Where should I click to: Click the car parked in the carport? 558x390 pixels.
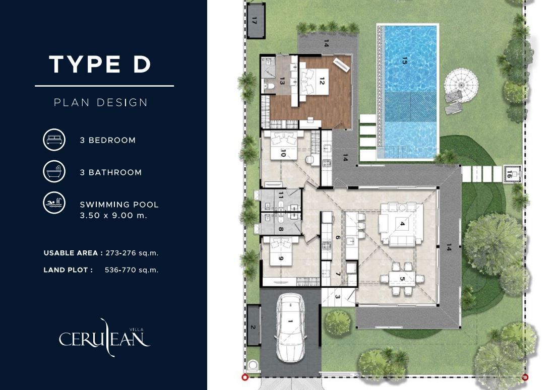(x=290, y=328)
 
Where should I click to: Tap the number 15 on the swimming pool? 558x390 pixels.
(x=404, y=61)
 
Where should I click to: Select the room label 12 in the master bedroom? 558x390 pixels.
(x=322, y=82)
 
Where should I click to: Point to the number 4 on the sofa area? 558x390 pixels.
(x=402, y=224)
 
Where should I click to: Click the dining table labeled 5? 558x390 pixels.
(x=402, y=279)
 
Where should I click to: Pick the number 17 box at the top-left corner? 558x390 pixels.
(x=255, y=21)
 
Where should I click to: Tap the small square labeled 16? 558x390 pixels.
(x=512, y=174)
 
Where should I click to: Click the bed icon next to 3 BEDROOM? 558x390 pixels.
(x=54, y=140)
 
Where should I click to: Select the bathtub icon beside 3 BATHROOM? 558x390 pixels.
(x=54, y=171)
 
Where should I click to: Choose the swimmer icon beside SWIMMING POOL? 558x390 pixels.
(x=54, y=203)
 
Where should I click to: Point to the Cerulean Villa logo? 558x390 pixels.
(x=104, y=337)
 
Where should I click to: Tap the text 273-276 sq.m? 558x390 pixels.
(x=132, y=253)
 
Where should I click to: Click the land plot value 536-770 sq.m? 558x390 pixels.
(x=132, y=270)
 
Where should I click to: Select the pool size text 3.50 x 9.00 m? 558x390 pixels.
(x=113, y=215)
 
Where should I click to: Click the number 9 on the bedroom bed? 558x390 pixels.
(x=281, y=258)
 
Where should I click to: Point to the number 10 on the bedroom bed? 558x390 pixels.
(x=283, y=153)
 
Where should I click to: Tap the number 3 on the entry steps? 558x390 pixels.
(x=337, y=297)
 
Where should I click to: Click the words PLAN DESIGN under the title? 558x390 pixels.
(x=101, y=102)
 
